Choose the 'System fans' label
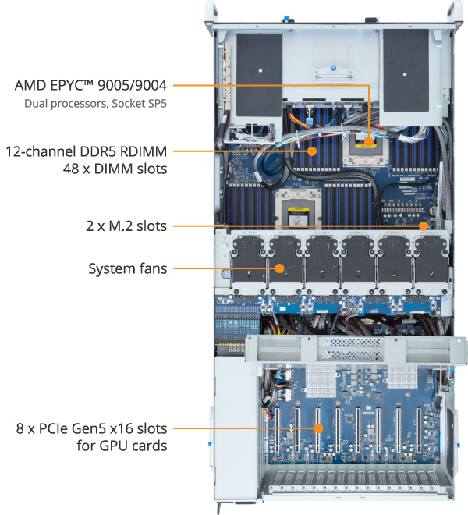(127, 269)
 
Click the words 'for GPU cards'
(123, 446)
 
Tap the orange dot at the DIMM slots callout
(312, 151)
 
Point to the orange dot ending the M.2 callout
(424, 226)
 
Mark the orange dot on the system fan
(278, 269)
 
